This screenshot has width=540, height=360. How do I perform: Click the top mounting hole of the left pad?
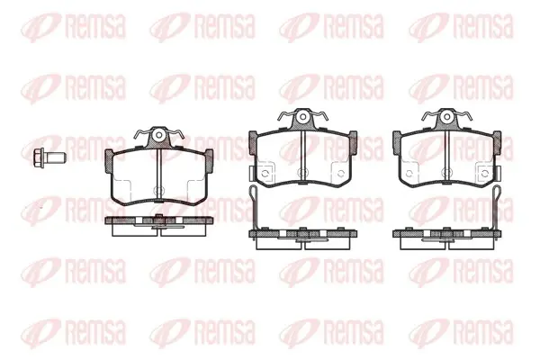[x=158, y=135]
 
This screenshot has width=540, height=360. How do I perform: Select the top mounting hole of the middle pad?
[x=302, y=117]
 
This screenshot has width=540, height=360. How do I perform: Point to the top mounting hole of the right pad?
[x=446, y=117]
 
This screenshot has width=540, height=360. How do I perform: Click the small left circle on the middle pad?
[x=265, y=174]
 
